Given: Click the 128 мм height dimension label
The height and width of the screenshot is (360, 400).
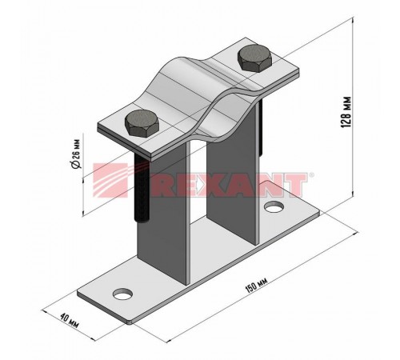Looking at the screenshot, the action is (x=346, y=112).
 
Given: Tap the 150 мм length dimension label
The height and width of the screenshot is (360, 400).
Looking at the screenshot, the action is (x=256, y=285).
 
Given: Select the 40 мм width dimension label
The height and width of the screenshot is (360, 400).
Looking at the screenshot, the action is (x=70, y=320).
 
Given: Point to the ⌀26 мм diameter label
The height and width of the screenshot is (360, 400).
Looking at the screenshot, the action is (x=75, y=154).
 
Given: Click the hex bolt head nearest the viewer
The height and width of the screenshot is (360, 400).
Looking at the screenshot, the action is (x=142, y=124).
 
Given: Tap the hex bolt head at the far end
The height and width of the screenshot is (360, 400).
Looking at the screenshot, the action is (x=255, y=58).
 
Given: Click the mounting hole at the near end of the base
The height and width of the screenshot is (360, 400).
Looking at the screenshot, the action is (x=123, y=294).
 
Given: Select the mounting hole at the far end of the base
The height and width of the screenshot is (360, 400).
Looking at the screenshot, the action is (x=274, y=206).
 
